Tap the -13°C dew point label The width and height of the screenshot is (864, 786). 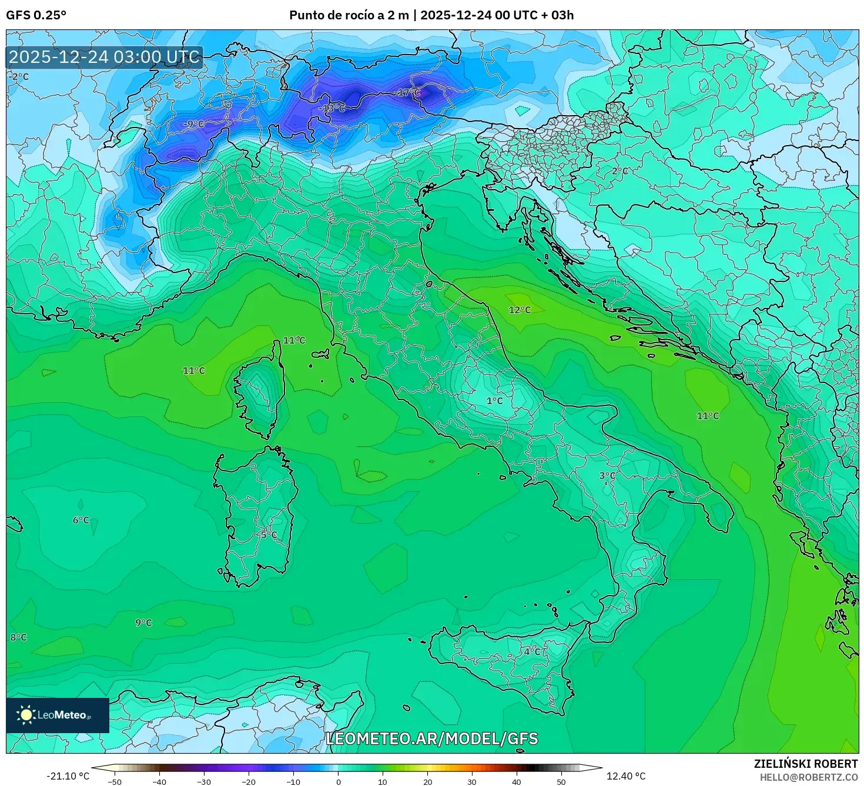click(332, 108)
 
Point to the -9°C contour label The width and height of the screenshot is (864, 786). click(194, 124)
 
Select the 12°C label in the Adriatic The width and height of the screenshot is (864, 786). click(520, 310)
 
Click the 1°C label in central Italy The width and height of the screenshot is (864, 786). click(495, 401)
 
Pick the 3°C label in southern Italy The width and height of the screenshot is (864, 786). click(607, 476)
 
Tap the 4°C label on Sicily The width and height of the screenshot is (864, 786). click(533, 651)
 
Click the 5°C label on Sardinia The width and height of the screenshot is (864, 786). click(269, 535)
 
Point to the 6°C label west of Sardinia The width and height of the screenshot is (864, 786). click(81, 520)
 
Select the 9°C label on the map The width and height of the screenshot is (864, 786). click(143, 623)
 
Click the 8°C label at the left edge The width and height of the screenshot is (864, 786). click(18, 637)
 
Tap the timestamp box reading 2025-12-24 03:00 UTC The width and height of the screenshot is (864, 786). click(105, 57)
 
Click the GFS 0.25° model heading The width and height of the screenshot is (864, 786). click(36, 15)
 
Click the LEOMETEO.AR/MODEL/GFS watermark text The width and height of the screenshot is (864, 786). click(431, 738)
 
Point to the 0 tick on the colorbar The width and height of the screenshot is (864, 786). click(338, 782)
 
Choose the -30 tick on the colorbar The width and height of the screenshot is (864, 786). click(203, 782)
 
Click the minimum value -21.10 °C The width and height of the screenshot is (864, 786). click(68, 776)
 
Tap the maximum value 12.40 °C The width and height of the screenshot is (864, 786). click(626, 776)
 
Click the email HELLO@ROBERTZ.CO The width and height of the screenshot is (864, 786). click(816, 777)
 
